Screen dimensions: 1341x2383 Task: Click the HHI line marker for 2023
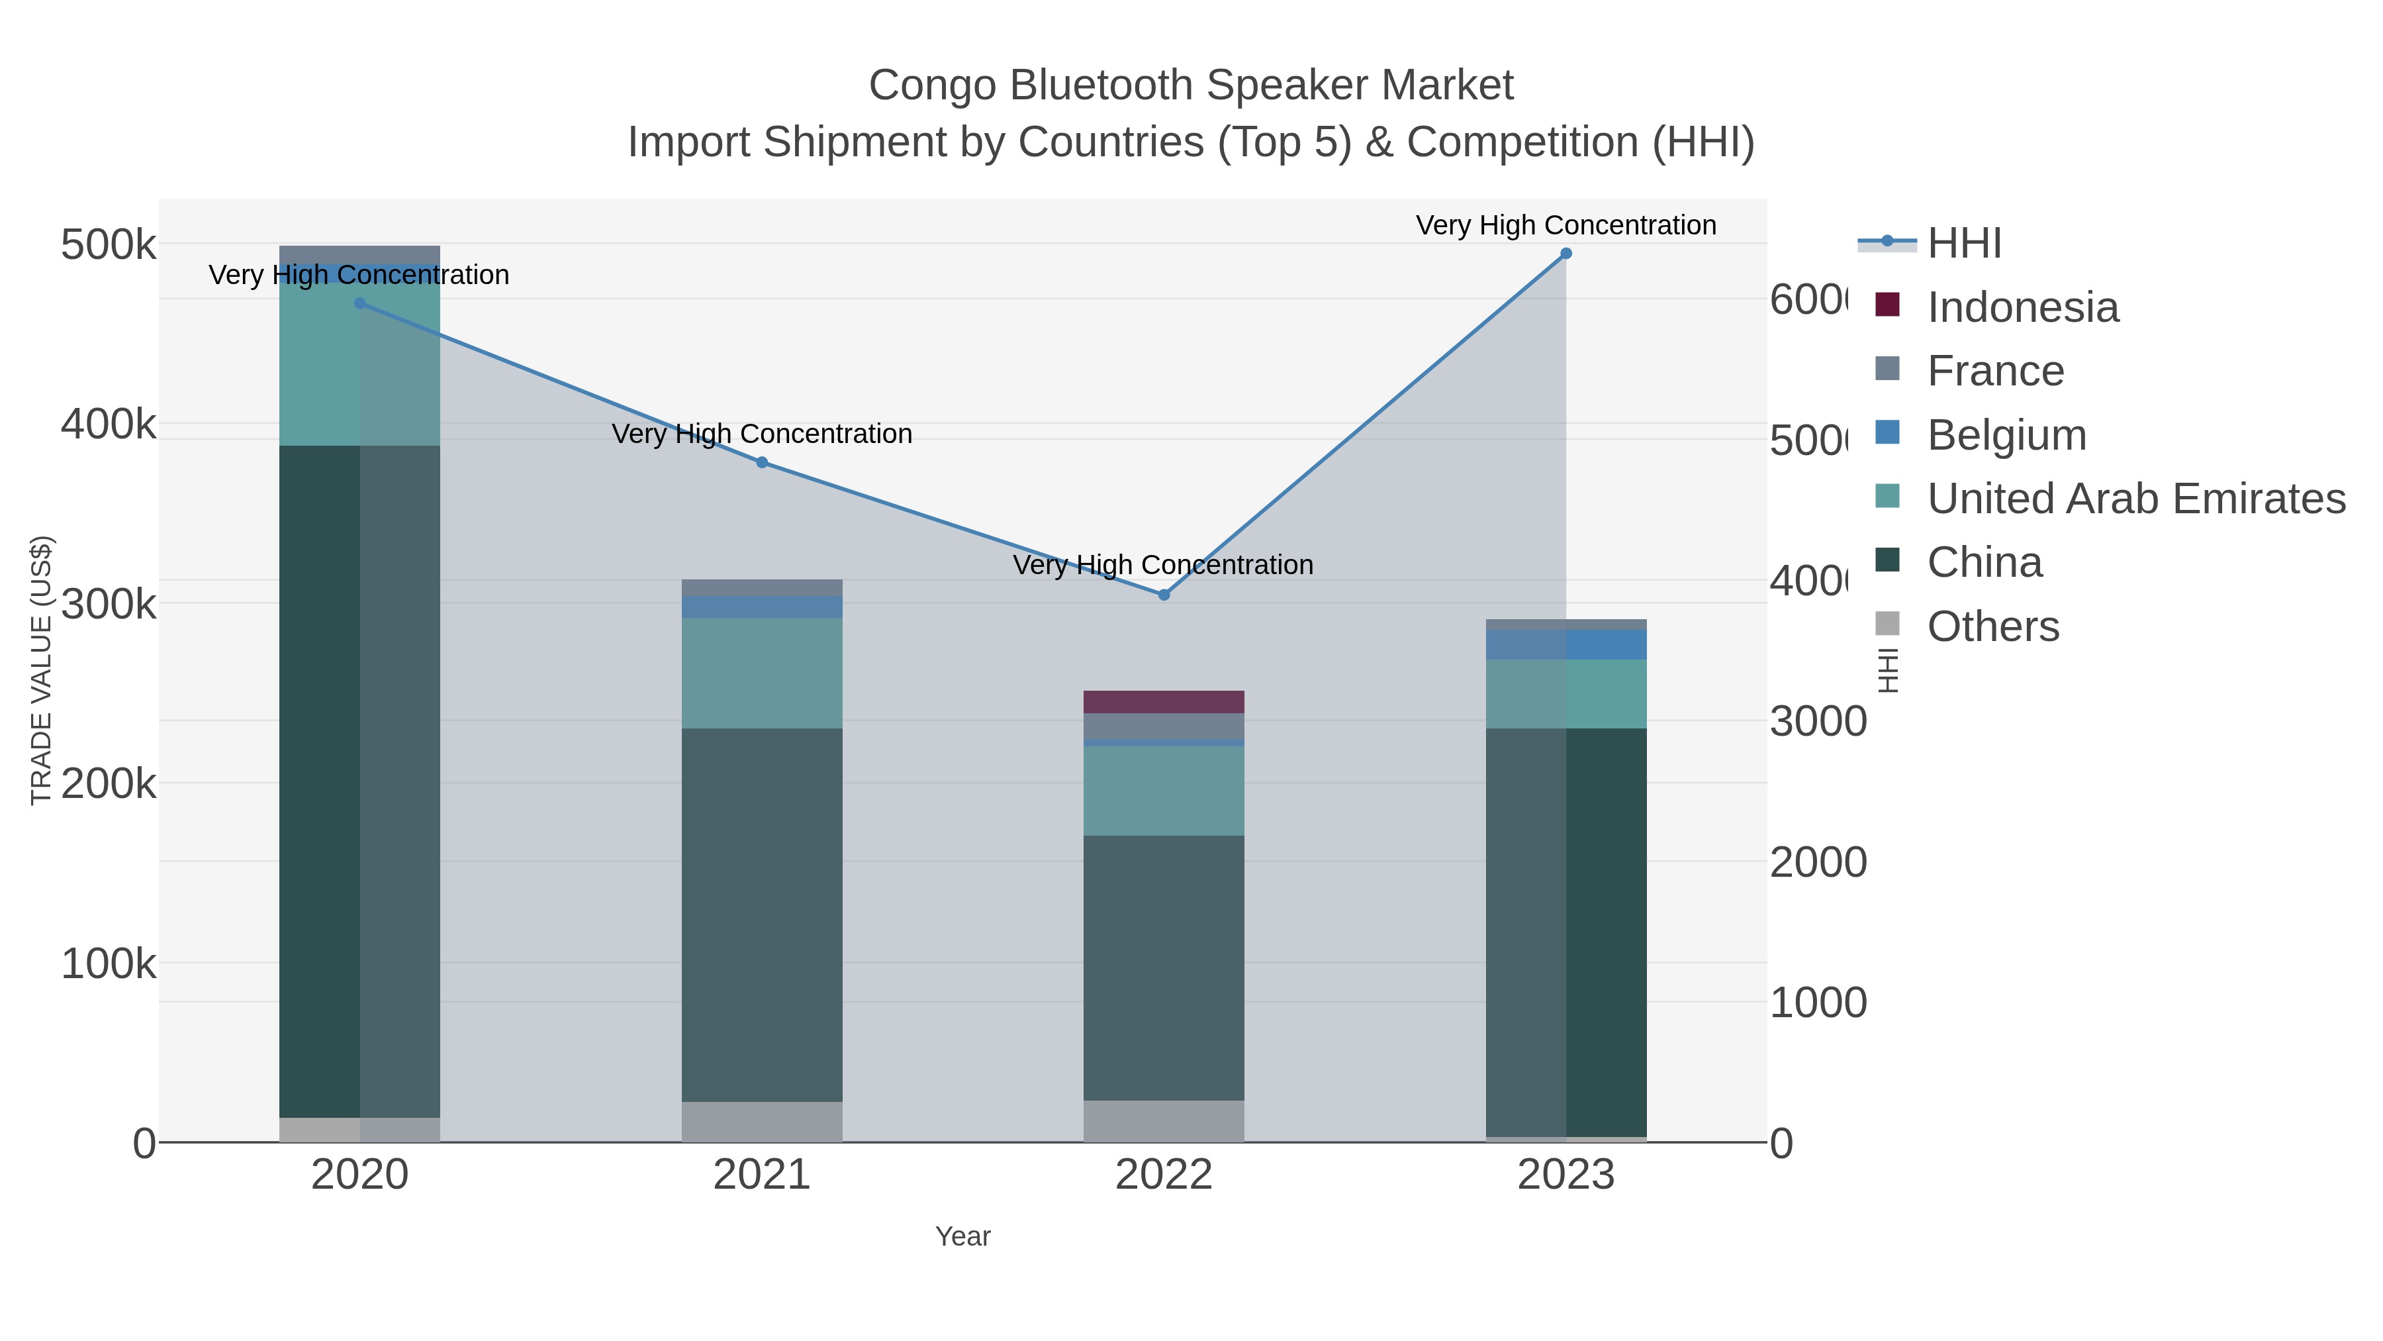coord(1565,254)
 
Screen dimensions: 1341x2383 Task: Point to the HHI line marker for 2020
coord(360,303)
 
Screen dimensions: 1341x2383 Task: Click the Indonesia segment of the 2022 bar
coord(1163,701)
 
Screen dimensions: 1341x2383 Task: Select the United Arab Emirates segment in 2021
coord(761,673)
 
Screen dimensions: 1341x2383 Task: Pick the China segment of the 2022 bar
coord(1163,967)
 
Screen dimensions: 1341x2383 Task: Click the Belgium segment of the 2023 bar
coord(1565,645)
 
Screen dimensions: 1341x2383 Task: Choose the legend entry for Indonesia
coord(2022,307)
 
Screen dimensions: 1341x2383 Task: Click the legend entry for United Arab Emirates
coord(2135,499)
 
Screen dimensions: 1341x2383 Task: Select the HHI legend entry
coord(1963,244)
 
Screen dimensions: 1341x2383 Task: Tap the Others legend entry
coord(1992,626)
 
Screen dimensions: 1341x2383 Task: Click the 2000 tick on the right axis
coord(1818,862)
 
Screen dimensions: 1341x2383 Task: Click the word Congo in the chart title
coord(933,86)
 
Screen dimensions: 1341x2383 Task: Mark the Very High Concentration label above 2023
coord(1565,226)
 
